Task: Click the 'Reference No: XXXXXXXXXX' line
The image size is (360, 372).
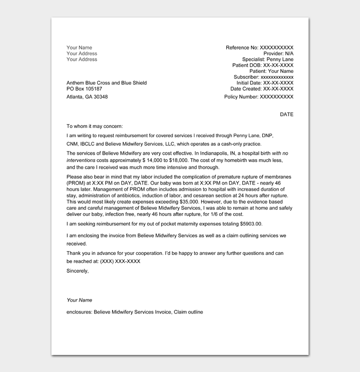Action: tap(259, 48)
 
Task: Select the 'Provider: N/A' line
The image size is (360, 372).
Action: tap(278, 53)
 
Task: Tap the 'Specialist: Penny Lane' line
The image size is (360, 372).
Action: tap(268, 60)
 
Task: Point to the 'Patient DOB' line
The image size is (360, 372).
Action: tap(263, 65)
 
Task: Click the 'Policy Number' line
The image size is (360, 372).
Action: tap(259, 97)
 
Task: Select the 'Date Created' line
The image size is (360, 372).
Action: tap(262, 89)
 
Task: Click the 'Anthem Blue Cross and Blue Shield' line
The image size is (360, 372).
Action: tap(106, 83)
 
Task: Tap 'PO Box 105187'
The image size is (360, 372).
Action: tap(84, 89)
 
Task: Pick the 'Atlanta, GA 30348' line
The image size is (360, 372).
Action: tap(87, 97)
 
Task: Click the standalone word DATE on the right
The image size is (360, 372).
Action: tap(286, 115)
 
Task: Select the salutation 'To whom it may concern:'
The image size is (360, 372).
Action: tap(95, 126)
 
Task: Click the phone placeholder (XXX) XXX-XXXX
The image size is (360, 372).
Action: tap(120, 261)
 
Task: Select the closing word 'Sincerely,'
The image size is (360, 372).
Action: tap(78, 271)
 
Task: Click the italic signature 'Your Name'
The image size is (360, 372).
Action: tap(79, 300)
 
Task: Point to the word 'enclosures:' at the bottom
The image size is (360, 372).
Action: tap(79, 312)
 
